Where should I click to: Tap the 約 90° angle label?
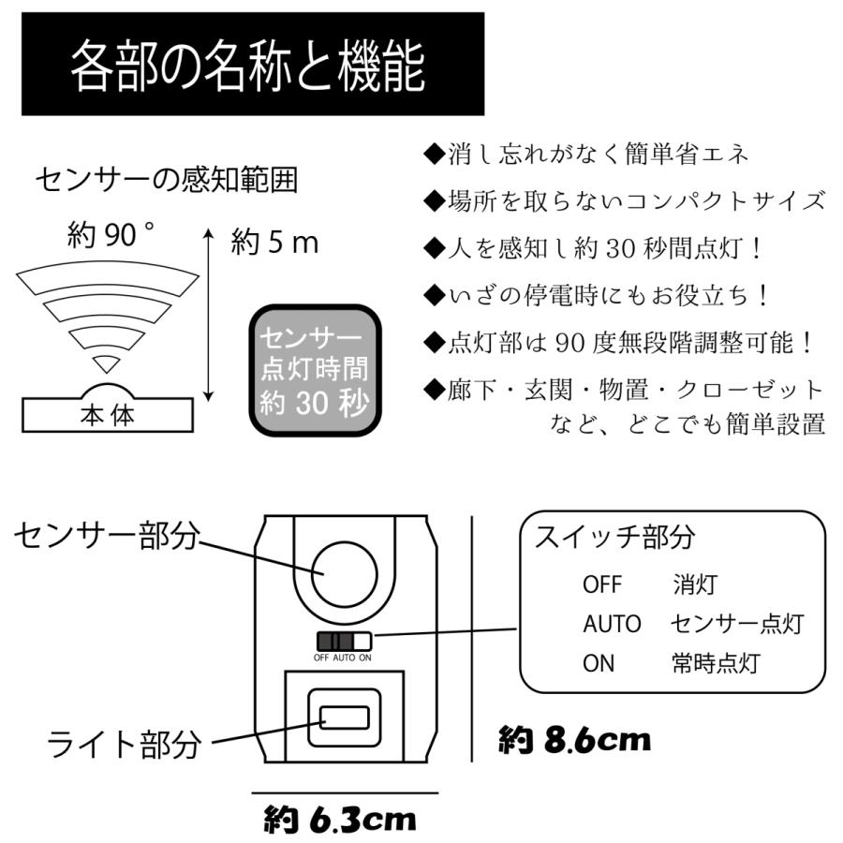[111, 236]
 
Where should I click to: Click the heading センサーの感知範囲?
[166, 180]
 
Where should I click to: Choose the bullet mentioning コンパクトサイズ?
[625, 200]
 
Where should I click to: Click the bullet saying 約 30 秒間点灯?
[595, 247]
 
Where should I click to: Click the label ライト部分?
[125, 745]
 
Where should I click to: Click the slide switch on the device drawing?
[343, 642]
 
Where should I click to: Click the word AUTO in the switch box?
[612, 624]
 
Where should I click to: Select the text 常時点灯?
[715, 664]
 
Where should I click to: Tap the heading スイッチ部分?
[614, 537]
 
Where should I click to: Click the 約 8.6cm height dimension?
[574, 741]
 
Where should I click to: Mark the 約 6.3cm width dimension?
[339, 820]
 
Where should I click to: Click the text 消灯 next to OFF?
[694, 584]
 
